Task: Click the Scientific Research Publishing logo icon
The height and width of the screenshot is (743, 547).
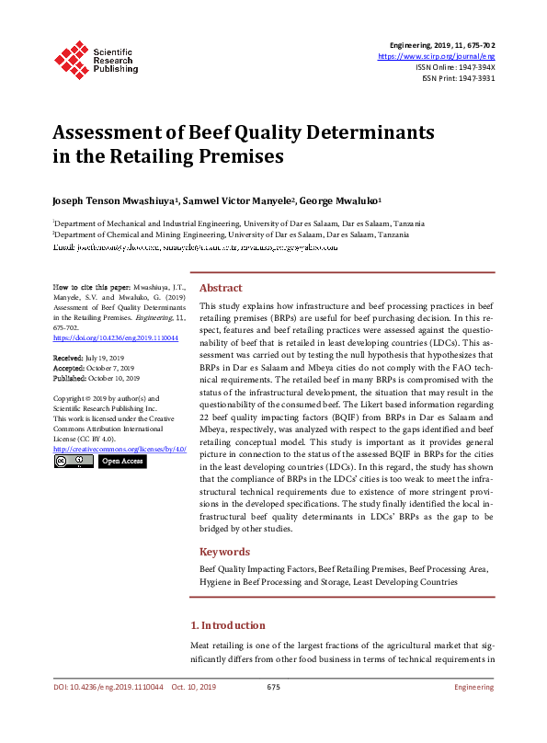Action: coord(70,58)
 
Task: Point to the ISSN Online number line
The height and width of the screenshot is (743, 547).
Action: coord(455,67)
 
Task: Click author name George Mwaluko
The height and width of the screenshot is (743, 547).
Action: coord(346,200)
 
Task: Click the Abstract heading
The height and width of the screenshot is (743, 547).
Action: coord(221,288)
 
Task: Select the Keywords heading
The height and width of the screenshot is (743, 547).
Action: coord(224,552)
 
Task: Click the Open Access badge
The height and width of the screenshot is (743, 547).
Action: coord(121,461)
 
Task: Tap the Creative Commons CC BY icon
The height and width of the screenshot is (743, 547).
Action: coord(73,461)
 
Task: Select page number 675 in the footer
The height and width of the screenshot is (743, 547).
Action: coord(273,687)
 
